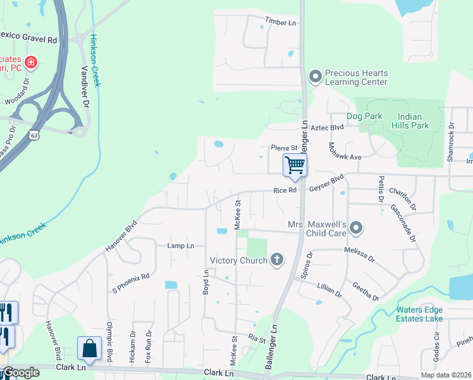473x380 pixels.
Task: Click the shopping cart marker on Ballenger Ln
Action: pyautogui.click(x=295, y=165)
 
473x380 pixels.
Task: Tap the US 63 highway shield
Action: pyautogui.click(x=34, y=136)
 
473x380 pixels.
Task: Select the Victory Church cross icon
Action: pyautogui.click(x=276, y=259)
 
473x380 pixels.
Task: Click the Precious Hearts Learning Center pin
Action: pyautogui.click(x=316, y=77)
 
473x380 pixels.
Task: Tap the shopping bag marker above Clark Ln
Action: pyautogui.click(x=89, y=349)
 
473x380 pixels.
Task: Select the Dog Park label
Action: pyautogui.click(x=364, y=117)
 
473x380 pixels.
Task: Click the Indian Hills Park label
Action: pyautogui.click(x=414, y=121)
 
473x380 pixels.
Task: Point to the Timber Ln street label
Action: pyautogui.click(x=281, y=22)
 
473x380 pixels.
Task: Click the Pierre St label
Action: pyautogui.click(x=284, y=148)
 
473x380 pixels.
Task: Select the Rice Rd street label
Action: pyautogui.click(x=285, y=190)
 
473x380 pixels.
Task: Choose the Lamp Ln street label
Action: pyautogui.click(x=180, y=245)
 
